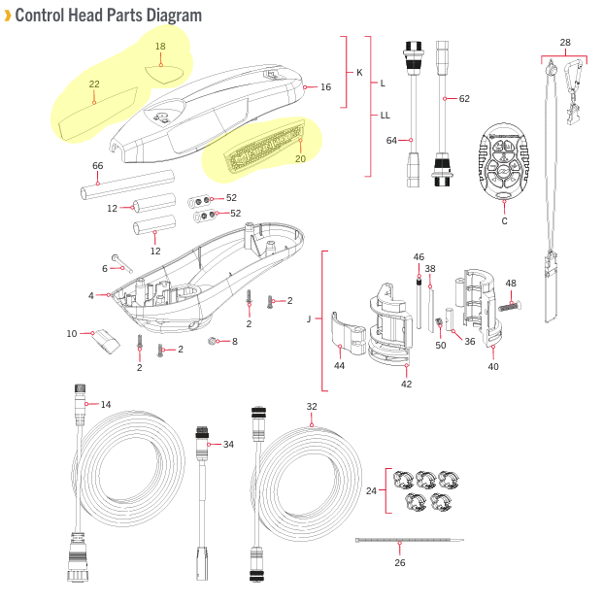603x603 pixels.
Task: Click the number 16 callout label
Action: pos(325,87)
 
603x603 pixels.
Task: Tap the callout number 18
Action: pos(160,47)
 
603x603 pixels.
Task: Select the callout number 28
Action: pos(565,42)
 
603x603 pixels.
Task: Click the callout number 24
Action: pos(371,491)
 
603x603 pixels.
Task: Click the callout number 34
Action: pos(228,444)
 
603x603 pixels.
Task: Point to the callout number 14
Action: pos(106,404)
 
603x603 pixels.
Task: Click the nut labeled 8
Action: pos(214,342)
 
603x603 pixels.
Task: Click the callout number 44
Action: pos(339,366)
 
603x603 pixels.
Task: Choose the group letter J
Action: pos(308,318)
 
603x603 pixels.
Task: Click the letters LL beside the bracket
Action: pos(385,116)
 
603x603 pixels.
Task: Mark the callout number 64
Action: pos(392,141)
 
